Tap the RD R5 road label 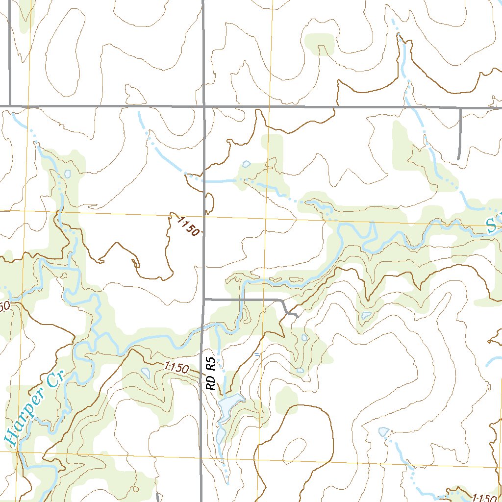(x=211, y=374)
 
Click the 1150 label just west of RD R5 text (x=176, y=368)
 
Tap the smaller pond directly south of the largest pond (x=221, y=434)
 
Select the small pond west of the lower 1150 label (x=145, y=372)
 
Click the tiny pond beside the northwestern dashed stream (x=67, y=174)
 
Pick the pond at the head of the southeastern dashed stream (x=384, y=431)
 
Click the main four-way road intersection (x=203, y=106)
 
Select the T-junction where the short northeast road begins (x=460, y=107)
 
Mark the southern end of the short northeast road (x=458, y=158)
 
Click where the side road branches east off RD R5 (x=203, y=299)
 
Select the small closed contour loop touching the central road (x=209, y=203)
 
